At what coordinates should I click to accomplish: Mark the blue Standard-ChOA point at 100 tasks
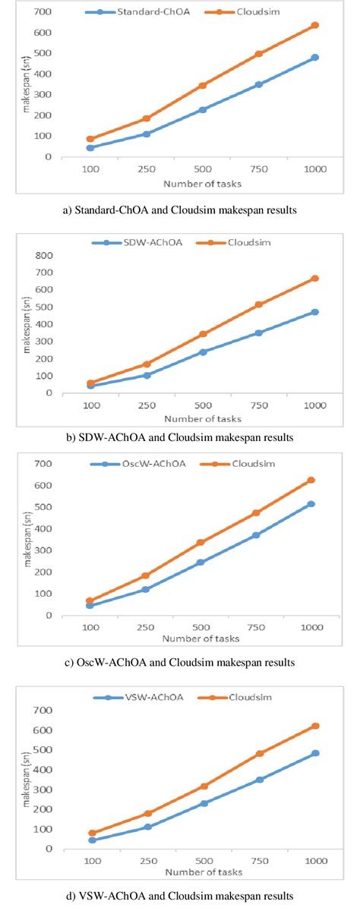[x=90, y=148]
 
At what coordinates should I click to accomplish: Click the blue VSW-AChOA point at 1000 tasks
[x=315, y=753]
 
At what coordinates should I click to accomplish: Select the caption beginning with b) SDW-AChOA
[x=180, y=437]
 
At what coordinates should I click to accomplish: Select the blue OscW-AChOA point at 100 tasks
[x=90, y=606]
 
